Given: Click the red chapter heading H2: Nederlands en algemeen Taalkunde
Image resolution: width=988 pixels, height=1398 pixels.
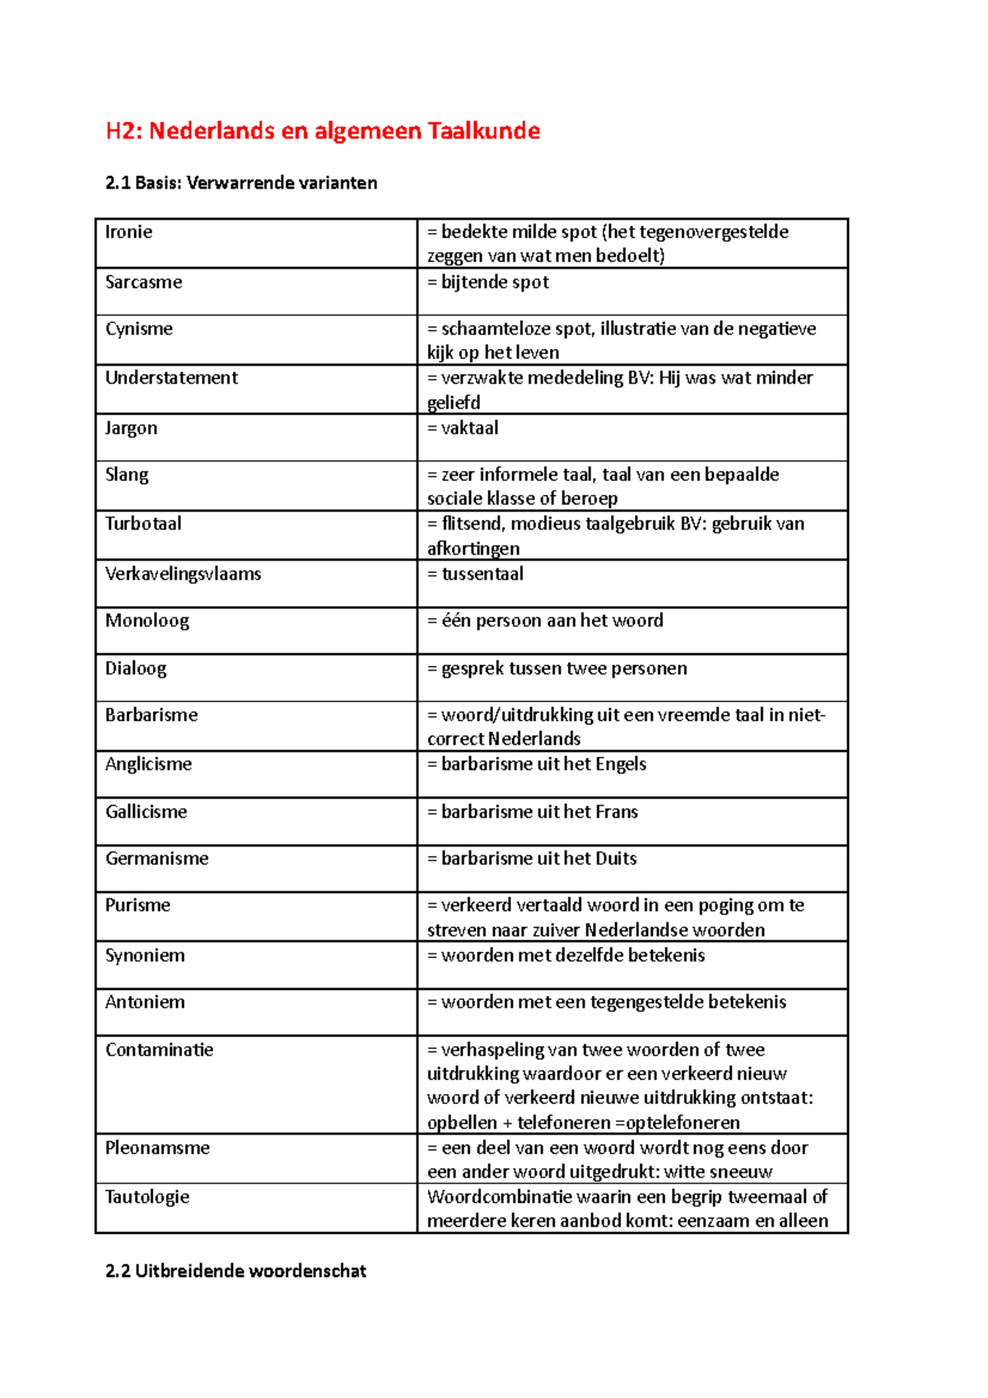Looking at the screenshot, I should (323, 131).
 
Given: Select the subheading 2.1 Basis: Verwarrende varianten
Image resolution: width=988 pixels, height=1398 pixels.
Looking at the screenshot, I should (241, 183).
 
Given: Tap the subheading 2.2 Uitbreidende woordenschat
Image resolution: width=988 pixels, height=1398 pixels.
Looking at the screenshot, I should (235, 1270).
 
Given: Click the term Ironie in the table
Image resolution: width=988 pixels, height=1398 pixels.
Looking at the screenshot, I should (128, 232).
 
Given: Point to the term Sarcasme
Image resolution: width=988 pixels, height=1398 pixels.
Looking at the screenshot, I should (143, 282).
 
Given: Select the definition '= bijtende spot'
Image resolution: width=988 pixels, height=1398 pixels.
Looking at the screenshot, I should (487, 282).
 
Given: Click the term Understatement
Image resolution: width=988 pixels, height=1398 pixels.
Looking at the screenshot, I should (171, 378).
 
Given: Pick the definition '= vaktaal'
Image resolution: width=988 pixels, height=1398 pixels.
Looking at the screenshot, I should (463, 428).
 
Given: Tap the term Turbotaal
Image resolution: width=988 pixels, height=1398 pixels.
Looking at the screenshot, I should (143, 524).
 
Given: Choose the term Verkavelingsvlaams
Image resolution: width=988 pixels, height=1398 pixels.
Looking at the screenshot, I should (183, 574).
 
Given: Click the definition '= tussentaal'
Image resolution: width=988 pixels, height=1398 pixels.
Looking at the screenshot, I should (475, 574).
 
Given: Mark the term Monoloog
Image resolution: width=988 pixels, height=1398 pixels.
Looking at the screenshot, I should (147, 621).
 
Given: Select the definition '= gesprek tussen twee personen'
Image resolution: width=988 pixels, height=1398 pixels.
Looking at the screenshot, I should (557, 669).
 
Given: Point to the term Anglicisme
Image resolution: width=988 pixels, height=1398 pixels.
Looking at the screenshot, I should (148, 764).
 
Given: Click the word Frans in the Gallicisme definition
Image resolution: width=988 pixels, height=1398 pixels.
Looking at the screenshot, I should (617, 812).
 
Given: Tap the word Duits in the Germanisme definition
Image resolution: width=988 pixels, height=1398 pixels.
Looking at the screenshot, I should (616, 859).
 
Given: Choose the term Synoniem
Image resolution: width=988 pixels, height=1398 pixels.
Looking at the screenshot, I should (145, 956).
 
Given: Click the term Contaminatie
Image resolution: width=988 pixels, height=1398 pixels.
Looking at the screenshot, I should (159, 1050).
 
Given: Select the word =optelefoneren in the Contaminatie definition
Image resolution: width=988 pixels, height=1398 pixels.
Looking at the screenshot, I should (677, 1123).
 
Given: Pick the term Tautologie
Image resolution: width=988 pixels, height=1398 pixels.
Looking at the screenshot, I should (147, 1197).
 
